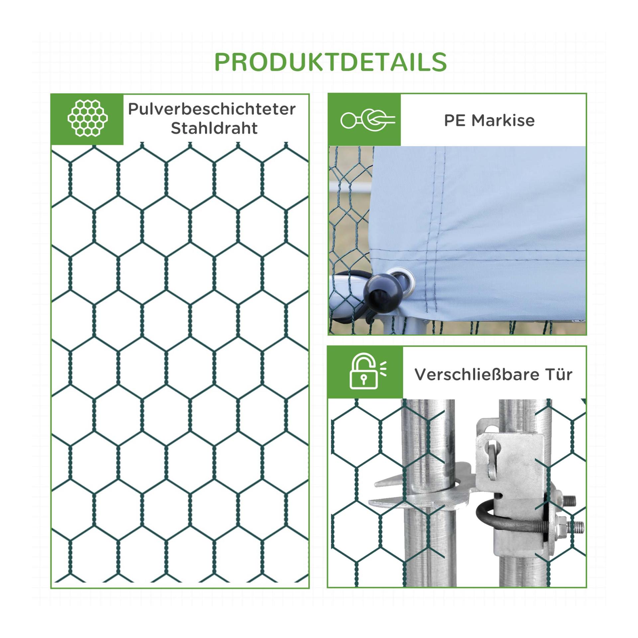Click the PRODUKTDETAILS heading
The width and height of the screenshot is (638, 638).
(x=331, y=62)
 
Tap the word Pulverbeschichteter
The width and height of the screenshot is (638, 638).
(x=212, y=109)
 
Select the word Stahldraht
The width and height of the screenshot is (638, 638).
(x=214, y=128)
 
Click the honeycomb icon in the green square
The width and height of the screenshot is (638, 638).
(x=88, y=118)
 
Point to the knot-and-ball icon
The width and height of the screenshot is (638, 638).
(x=368, y=120)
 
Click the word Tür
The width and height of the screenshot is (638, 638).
(x=559, y=374)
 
